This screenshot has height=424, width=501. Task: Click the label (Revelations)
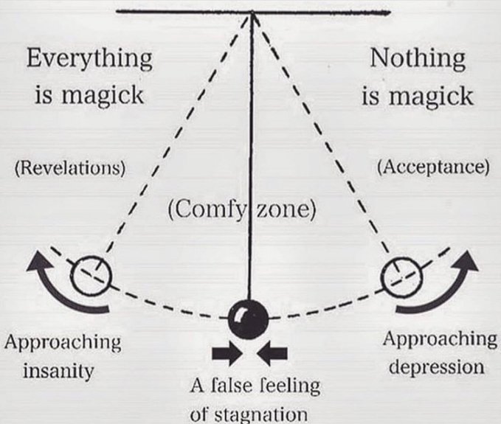[70, 167]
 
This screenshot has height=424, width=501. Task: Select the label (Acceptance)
[432, 167]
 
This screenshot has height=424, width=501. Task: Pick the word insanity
[58, 370]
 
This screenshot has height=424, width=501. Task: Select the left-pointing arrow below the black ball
[272, 355]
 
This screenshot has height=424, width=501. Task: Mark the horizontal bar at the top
[253, 12]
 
